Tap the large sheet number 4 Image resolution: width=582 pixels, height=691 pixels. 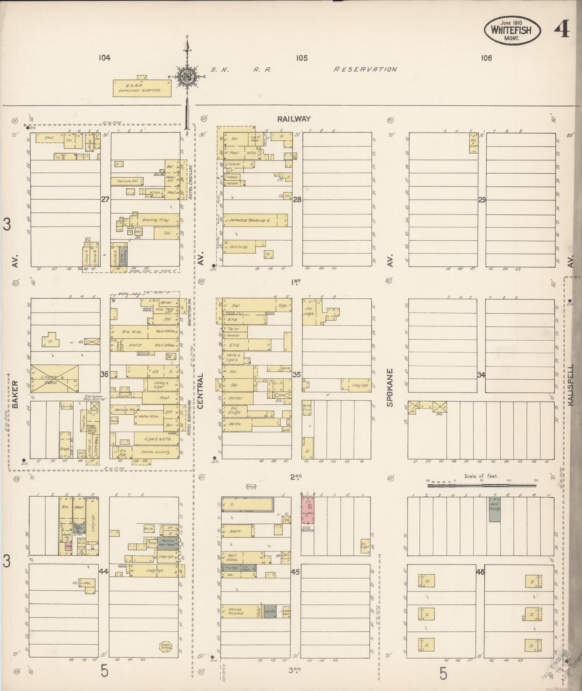point(562,29)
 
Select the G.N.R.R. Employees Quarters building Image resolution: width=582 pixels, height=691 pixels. point(142,88)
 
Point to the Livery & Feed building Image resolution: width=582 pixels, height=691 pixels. point(54,379)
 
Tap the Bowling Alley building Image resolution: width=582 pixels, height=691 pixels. point(155,221)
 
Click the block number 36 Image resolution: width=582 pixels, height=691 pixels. point(104,375)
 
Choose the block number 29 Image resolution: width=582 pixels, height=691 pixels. point(482,200)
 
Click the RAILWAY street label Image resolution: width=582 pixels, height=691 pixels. point(294,119)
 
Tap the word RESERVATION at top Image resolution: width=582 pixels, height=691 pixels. point(365,69)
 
